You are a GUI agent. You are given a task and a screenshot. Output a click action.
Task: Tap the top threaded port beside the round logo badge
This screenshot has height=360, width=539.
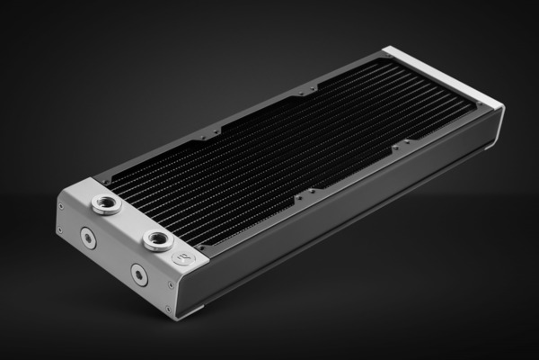point(157,239)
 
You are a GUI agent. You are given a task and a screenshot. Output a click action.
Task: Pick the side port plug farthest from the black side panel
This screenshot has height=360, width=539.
point(87,238)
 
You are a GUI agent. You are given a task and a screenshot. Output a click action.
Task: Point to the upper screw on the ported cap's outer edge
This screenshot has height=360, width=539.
point(60,206)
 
